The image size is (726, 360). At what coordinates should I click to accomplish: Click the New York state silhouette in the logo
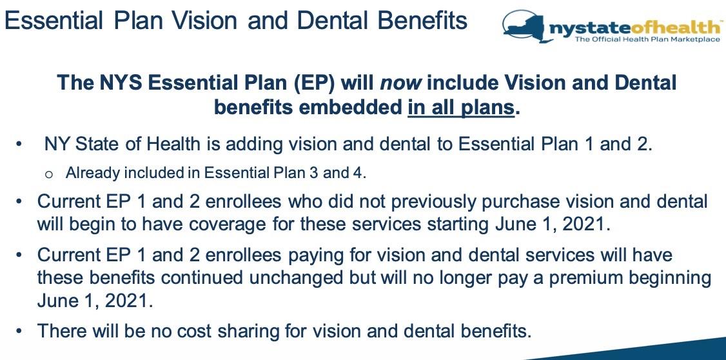click(525, 27)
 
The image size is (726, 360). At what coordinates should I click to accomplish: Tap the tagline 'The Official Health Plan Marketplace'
click(647, 39)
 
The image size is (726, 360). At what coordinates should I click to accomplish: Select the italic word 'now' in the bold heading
click(400, 83)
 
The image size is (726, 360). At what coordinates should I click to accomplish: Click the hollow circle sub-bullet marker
click(49, 174)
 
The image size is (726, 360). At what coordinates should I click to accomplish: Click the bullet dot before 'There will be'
click(19, 332)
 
